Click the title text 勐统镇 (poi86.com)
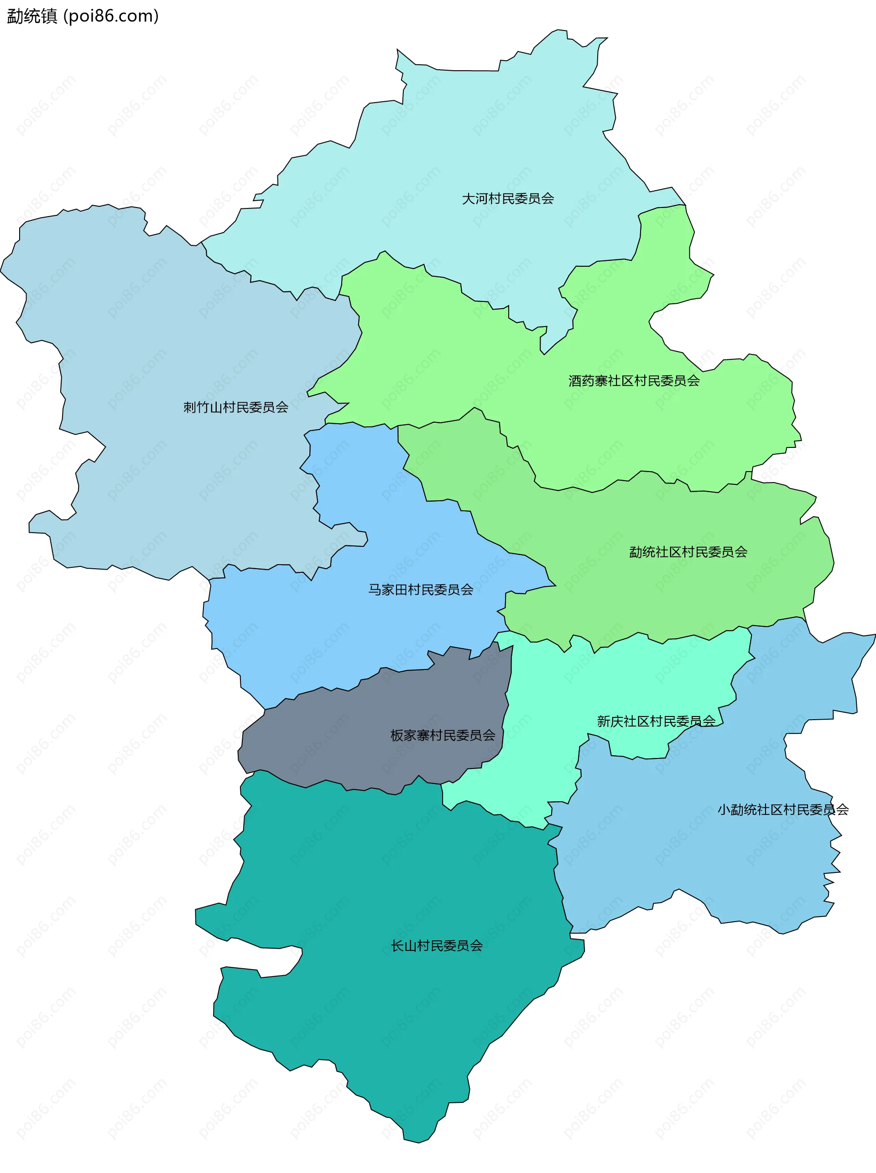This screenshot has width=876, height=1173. pos(83,16)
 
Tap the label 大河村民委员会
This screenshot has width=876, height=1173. pos(507,199)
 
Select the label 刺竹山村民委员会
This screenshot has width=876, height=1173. pos(235,407)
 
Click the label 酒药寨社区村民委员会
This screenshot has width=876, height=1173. pos(634,380)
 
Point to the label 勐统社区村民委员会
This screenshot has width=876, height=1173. pos(688,552)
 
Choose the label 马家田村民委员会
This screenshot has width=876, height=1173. pos(421,589)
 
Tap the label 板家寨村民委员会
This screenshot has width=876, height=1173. pos(442,735)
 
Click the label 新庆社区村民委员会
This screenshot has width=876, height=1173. pos(656,721)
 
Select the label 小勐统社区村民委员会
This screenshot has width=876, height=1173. pos(782,810)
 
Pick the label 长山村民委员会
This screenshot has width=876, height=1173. pos(437,945)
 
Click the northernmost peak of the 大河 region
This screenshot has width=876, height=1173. pos(559,30)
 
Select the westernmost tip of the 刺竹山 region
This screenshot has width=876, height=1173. pos(1,272)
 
